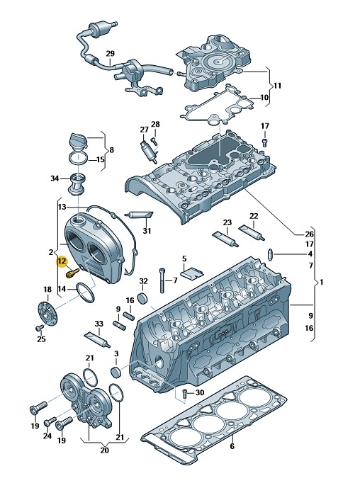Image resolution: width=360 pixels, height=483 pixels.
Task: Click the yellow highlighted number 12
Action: (62, 261)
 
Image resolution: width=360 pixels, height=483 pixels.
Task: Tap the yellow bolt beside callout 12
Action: (73, 273)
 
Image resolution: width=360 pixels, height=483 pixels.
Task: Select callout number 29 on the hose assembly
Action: (110, 54)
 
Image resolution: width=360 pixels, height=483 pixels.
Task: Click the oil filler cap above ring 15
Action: (79, 142)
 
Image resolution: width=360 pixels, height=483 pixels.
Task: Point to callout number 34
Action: (55, 178)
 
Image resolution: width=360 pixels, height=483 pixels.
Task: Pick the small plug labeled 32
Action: (143, 299)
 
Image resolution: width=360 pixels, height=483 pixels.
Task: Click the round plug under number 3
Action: (116, 372)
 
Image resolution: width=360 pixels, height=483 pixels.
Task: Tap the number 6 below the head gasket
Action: (232, 445)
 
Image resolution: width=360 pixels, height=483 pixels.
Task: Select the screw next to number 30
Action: (184, 393)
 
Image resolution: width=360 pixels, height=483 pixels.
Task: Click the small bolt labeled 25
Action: (40, 328)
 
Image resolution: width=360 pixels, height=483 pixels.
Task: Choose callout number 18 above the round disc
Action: (47, 290)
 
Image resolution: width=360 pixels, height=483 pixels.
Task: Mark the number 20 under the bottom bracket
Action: (104, 450)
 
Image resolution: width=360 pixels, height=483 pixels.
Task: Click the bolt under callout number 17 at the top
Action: (265, 142)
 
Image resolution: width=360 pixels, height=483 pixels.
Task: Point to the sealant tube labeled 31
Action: (139, 215)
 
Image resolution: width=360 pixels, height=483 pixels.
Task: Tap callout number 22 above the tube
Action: (254, 216)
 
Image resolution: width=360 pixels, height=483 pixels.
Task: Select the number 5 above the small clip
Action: (184, 258)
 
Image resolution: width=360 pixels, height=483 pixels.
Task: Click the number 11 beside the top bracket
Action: (278, 85)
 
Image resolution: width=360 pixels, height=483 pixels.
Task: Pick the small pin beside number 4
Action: (270, 254)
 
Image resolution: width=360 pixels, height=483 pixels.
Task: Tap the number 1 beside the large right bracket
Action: (322, 282)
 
